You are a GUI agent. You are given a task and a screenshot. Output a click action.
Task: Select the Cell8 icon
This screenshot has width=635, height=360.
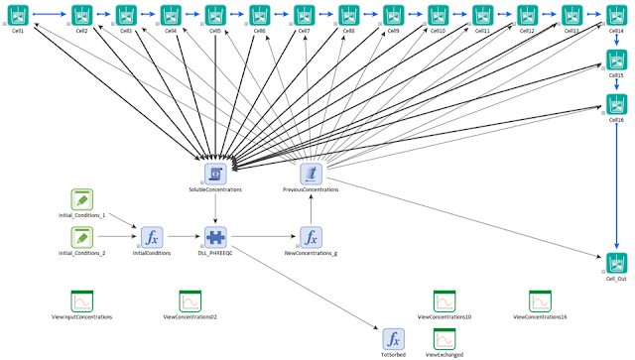tap(348, 15)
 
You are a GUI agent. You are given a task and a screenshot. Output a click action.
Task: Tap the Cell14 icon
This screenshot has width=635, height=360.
tap(616, 15)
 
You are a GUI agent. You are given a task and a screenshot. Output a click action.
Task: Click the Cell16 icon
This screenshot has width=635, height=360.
tap(616, 104)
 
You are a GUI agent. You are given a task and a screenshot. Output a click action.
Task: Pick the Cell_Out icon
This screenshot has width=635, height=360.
tap(616, 263)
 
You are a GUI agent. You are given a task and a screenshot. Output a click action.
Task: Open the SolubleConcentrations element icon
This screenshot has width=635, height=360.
tap(215, 174)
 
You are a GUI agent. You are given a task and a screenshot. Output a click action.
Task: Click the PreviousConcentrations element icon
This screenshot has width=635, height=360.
tap(311, 174)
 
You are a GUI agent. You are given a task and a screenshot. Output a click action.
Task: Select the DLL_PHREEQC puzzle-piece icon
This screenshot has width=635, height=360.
tap(215, 237)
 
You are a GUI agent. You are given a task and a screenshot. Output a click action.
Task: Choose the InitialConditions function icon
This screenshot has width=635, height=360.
tap(152, 237)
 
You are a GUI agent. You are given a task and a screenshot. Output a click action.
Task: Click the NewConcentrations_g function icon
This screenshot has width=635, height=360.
tap(311, 237)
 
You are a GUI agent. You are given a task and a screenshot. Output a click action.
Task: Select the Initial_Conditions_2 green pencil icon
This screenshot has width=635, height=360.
tap(82, 237)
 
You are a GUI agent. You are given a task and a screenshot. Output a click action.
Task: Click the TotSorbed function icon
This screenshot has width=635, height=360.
tap(394, 337)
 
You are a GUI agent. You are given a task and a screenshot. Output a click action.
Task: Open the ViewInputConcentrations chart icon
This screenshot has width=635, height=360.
tap(81, 300)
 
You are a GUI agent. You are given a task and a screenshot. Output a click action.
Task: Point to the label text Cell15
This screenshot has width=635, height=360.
tap(616, 75)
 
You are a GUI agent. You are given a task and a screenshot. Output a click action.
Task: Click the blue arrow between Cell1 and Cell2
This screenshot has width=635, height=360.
tap(49, 15)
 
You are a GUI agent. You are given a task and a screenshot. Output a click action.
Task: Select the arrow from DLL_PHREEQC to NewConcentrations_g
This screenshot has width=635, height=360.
tap(263, 237)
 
